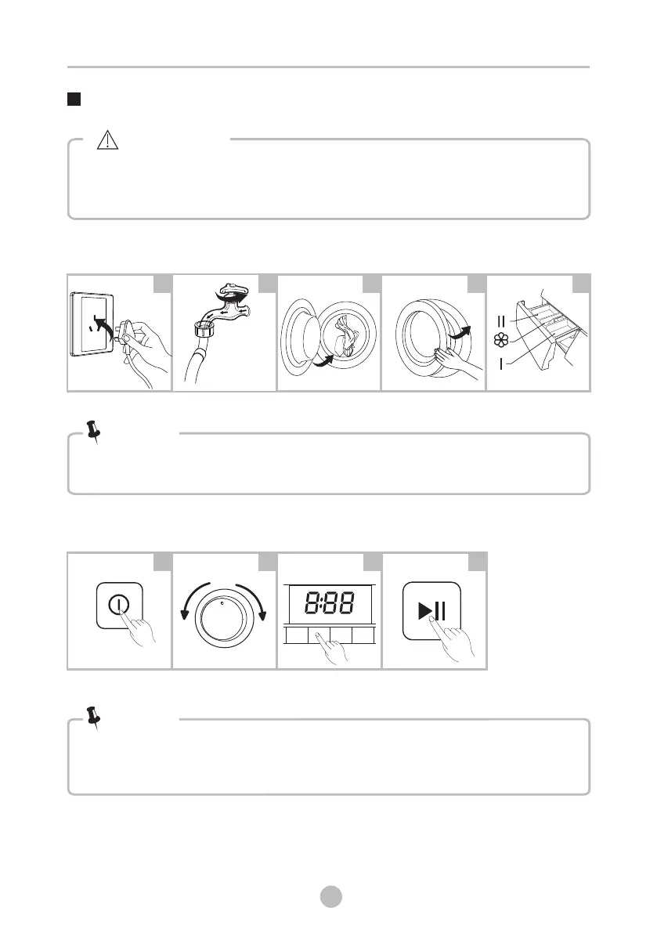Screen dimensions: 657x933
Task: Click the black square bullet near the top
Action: tap(74, 100)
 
